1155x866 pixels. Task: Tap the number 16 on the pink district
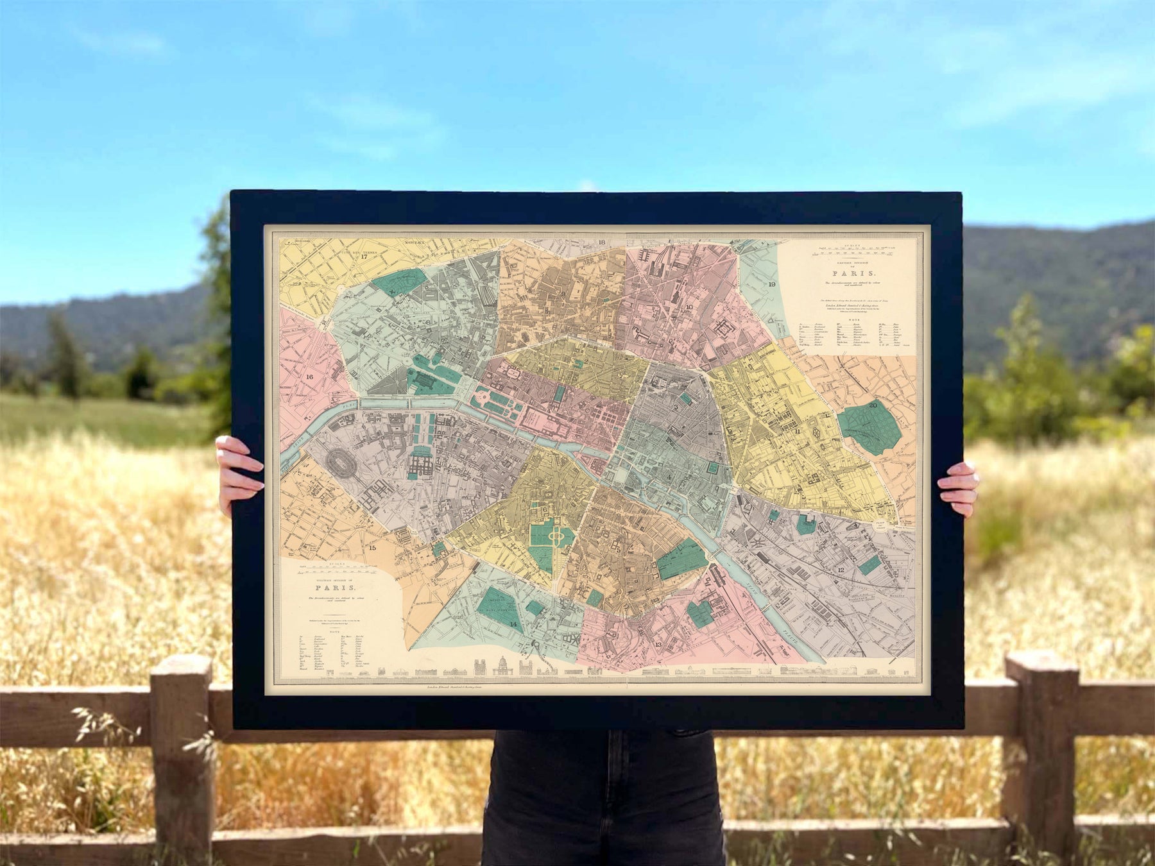tap(310, 377)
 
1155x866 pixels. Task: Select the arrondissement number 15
tap(372, 548)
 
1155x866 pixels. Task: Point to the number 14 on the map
tap(513, 624)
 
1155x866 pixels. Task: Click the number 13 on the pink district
tap(658, 644)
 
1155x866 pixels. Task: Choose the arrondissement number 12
tap(841, 569)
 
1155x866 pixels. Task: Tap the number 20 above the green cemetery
tap(873, 405)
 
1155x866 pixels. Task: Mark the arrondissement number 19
tap(772, 284)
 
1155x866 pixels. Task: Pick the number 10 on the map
tap(689, 307)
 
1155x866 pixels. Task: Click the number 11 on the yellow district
tap(797, 432)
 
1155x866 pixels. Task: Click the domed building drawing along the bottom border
tap(502, 666)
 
